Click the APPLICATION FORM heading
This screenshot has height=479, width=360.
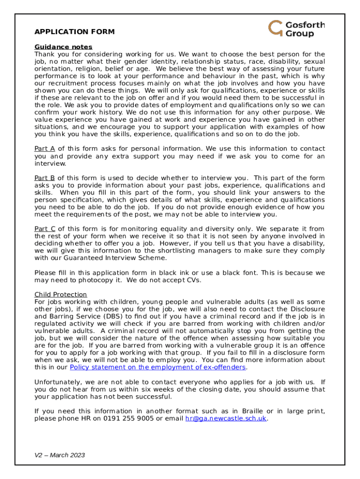pyautogui.click(x=74, y=32)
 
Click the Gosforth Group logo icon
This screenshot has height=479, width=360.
pyautogui.click(x=275, y=28)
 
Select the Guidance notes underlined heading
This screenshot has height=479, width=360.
pyautogui.click(x=64, y=47)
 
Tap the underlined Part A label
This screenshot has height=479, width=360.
pyautogui.click(x=45, y=149)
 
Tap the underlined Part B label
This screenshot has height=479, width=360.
pyautogui.click(x=45, y=178)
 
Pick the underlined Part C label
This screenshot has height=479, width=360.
pyautogui.click(x=45, y=229)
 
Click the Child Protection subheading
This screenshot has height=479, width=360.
pyautogui.click(x=61, y=294)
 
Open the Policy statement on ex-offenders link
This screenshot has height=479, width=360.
pyautogui.click(x=158, y=367)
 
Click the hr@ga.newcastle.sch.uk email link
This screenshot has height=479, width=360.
pyautogui.click(x=226, y=418)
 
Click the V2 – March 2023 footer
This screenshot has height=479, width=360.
pyautogui.click(x=60, y=455)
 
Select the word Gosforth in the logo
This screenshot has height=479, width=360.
pyautogui.click(x=305, y=25)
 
